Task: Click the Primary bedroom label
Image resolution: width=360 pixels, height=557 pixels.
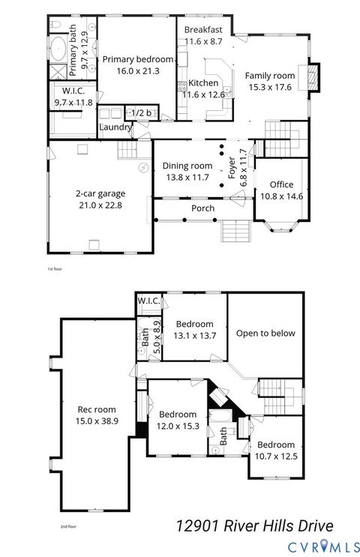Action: coord(137,59)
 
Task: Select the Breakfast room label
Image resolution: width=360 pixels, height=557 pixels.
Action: coord(202,29)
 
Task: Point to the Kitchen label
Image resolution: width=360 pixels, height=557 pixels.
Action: coord(203,83)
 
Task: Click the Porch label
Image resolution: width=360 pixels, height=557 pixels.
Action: coord(202,208)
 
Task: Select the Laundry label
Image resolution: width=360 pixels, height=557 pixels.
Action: coord(115,127)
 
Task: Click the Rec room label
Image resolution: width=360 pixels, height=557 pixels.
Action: coord(97,410)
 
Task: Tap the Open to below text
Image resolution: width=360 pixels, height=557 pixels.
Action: coord(265,334)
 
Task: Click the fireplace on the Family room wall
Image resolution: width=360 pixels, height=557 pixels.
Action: coord(314,75)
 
